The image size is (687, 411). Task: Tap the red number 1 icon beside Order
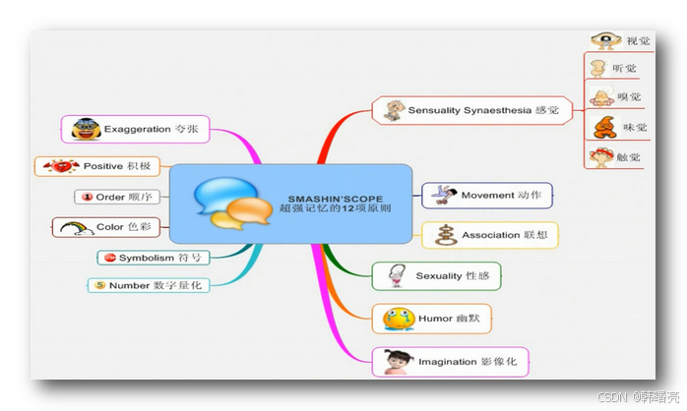click(87, 197)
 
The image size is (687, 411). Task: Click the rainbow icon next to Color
click(75, 227)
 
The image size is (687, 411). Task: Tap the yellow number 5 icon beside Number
click(98, 285)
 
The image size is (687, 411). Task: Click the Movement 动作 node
click(487, 195)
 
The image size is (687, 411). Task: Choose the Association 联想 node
click(489, 235)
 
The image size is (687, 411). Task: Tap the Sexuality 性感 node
click(436, 276)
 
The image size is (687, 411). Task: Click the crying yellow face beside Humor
click(398, 319)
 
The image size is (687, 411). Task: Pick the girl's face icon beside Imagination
click(399, 361)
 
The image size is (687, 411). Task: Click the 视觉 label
click(638, 41)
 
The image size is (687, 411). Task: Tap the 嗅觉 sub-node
click(619, 96)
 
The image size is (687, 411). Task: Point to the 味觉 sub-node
click(619, 127)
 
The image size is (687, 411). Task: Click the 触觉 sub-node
click(619, 155)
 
